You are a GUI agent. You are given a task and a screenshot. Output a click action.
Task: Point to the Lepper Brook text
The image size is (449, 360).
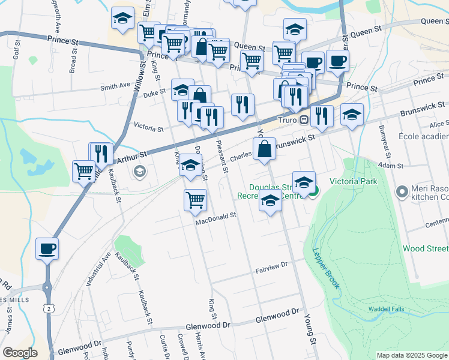point(325,266)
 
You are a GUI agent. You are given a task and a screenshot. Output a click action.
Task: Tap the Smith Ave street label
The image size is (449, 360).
point(115,86)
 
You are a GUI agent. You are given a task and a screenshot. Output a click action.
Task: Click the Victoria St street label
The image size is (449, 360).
point(148,128)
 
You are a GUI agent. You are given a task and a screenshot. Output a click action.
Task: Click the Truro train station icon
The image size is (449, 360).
point(304,120)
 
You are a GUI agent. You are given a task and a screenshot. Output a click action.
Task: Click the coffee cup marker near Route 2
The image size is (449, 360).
point(47,248)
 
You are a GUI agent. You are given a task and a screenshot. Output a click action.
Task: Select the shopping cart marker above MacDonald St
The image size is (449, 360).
point(195,200)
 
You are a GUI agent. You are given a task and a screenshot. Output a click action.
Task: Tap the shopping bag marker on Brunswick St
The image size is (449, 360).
point(264,149)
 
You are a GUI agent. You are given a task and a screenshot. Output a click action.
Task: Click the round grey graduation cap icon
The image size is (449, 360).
point(140,173)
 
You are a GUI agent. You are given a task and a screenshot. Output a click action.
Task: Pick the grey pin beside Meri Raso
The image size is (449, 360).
point(402,191)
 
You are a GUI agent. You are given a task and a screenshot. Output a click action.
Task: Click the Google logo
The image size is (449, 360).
point(20,353)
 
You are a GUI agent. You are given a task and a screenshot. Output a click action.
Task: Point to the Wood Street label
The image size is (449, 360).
point(425,248)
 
